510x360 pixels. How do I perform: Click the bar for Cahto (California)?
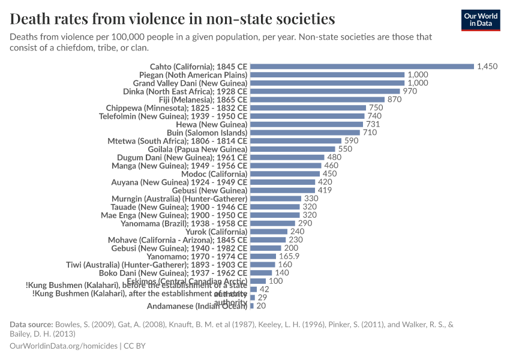tap(362, 67)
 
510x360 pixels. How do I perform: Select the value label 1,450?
tap(487, 67)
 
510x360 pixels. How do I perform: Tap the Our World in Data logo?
tap(481, 20)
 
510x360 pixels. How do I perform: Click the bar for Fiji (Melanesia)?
tap(317, 100)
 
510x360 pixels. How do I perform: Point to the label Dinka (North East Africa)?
tap(190, 91)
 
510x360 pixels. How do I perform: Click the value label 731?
tap(373, 124)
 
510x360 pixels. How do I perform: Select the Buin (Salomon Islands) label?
tap(206, 133)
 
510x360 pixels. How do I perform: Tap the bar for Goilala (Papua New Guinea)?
tap(293, 149)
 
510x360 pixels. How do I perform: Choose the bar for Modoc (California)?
tap(285, 174)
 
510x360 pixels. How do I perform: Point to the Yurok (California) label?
tap(216, 232)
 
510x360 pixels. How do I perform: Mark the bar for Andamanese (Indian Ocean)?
tap(252, 306)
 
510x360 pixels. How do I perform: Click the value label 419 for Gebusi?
tap(325, 190)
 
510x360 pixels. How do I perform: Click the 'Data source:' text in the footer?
tap(31, 325)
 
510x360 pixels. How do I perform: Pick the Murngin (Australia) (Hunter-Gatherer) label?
tap(179, 199)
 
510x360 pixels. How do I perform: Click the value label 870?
tap(394, 100)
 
